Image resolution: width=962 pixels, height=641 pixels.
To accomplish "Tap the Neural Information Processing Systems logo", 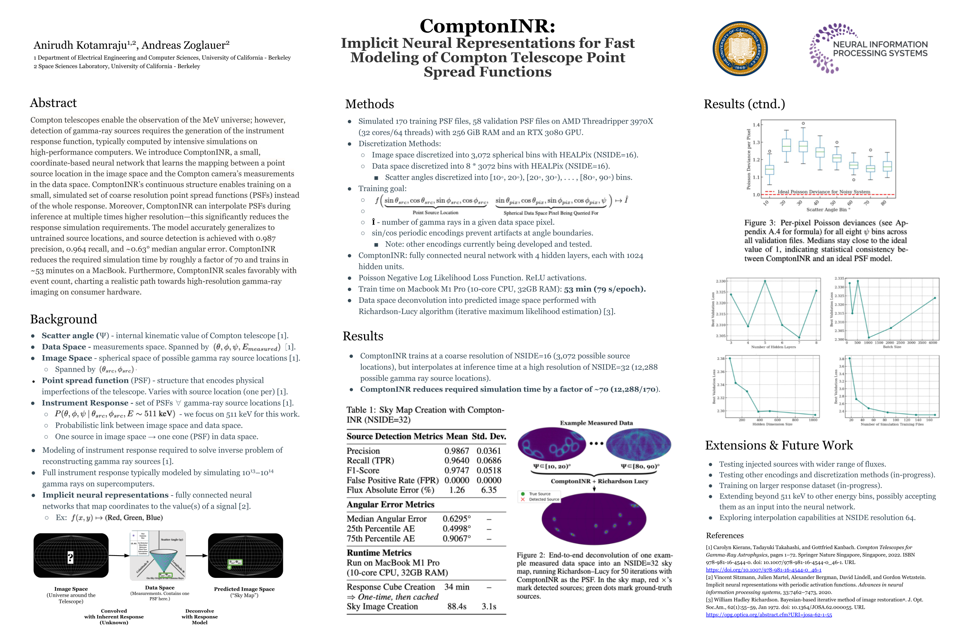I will click(x=868, y=48).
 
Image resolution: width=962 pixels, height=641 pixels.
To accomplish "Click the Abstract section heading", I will click(x=53, y=103).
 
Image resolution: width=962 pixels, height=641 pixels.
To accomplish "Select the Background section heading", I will click(x=63, y=319).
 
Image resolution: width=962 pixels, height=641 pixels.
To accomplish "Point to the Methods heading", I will click(x=369, y=104).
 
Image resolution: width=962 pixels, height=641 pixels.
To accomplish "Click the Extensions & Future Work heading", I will click(x=778, y=445).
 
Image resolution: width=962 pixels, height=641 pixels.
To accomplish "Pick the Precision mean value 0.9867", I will click(x=456, y=451).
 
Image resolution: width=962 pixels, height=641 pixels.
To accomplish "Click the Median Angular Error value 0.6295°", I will click(x=456, y=518).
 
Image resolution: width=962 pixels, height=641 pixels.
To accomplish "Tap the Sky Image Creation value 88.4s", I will click(x=456, y=606).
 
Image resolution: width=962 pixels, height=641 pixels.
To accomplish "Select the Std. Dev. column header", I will click(x=489, y=436).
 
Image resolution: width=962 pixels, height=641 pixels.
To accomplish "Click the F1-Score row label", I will click(x=362, y=471).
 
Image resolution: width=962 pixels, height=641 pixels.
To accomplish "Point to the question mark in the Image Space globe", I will click(x=70, y=557).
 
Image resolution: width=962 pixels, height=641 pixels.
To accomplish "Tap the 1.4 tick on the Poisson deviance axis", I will click(x=756, y=125).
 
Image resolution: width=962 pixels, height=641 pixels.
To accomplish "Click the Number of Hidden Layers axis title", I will click(x=773, y=347).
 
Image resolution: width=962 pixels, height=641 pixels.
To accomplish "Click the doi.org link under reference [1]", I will click(x=763, y=570).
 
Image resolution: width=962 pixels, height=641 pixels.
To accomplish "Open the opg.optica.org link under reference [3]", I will click(x=768, y=615).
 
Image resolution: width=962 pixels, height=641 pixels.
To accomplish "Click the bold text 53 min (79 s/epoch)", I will click(x=604, y=289).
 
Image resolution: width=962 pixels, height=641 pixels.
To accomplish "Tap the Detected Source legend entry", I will click(x=544, y=499).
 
